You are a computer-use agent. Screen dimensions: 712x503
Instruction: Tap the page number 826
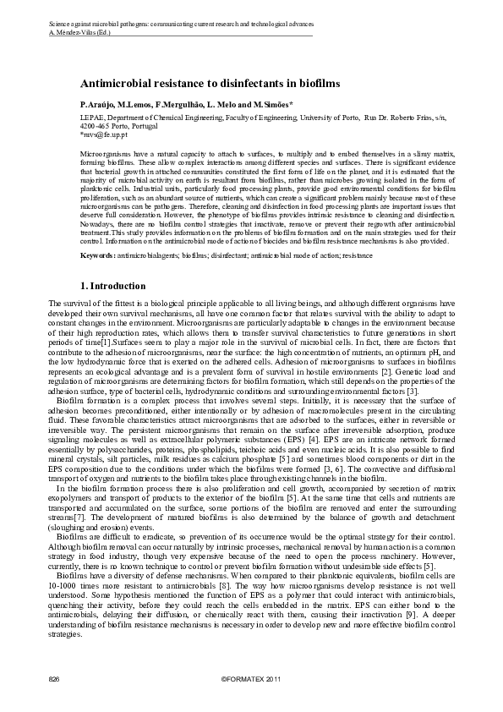[54, 679]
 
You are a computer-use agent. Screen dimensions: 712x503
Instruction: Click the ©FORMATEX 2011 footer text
[250, 679]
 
